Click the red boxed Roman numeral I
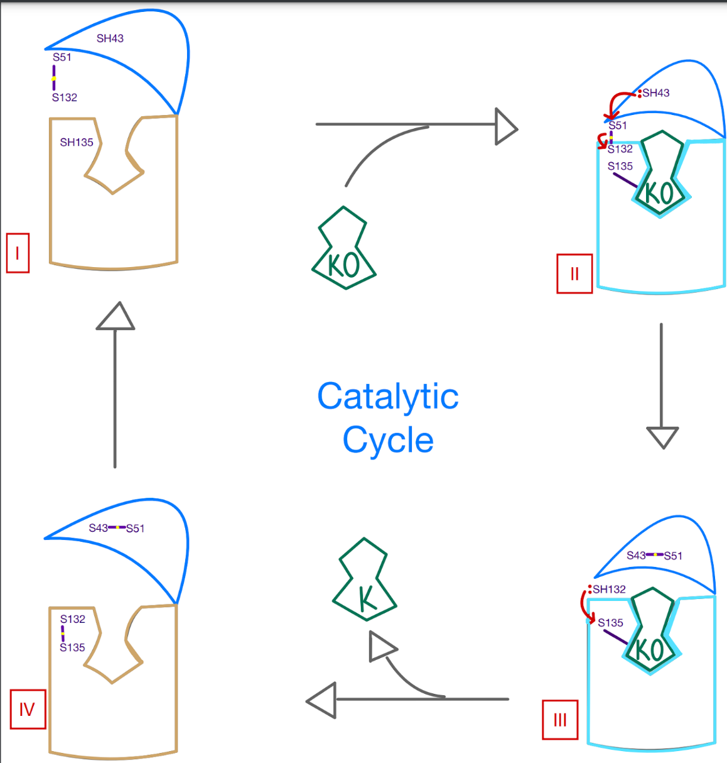[x=18, y=253]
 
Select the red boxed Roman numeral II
[x=574, y=273]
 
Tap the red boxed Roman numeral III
[x=560, y=720]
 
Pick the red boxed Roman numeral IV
[x=28, y=709]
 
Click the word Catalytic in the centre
[x=387, y=397]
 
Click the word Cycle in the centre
[x=387, y=440]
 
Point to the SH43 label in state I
[x=110, y=38]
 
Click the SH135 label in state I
[x=77, y=143]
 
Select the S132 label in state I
[x=65, y=97]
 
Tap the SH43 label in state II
[x=655, y=93]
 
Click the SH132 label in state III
[x=609, y=590]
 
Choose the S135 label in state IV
[x=72, y=647]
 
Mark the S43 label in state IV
[x=98, y=528]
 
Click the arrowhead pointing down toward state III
[x=662, y=436]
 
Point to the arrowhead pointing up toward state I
[x=116, y=317]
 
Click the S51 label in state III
[x=672, y=556]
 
